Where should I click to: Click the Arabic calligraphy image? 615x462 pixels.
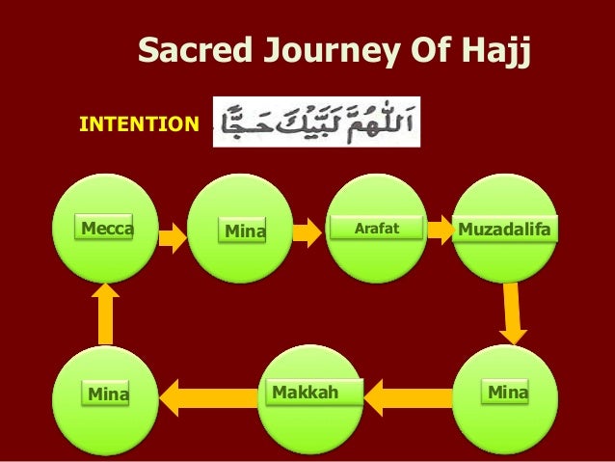tap(316, 122)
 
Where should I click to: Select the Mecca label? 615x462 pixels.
tap(106, 230)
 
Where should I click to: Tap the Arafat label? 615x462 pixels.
tap(377, 229)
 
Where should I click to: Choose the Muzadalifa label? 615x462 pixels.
tap(504, 230)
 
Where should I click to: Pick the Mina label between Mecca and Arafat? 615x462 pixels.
tap(244, 231)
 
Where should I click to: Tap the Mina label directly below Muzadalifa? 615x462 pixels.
tap(507, 393)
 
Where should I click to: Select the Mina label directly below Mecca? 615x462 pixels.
tap(108, 394)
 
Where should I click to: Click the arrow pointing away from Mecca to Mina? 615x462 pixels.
tap(173, 234)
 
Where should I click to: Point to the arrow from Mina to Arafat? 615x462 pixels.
tap(307, 231)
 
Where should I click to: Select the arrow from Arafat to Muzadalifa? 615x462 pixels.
tap(441, 230)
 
